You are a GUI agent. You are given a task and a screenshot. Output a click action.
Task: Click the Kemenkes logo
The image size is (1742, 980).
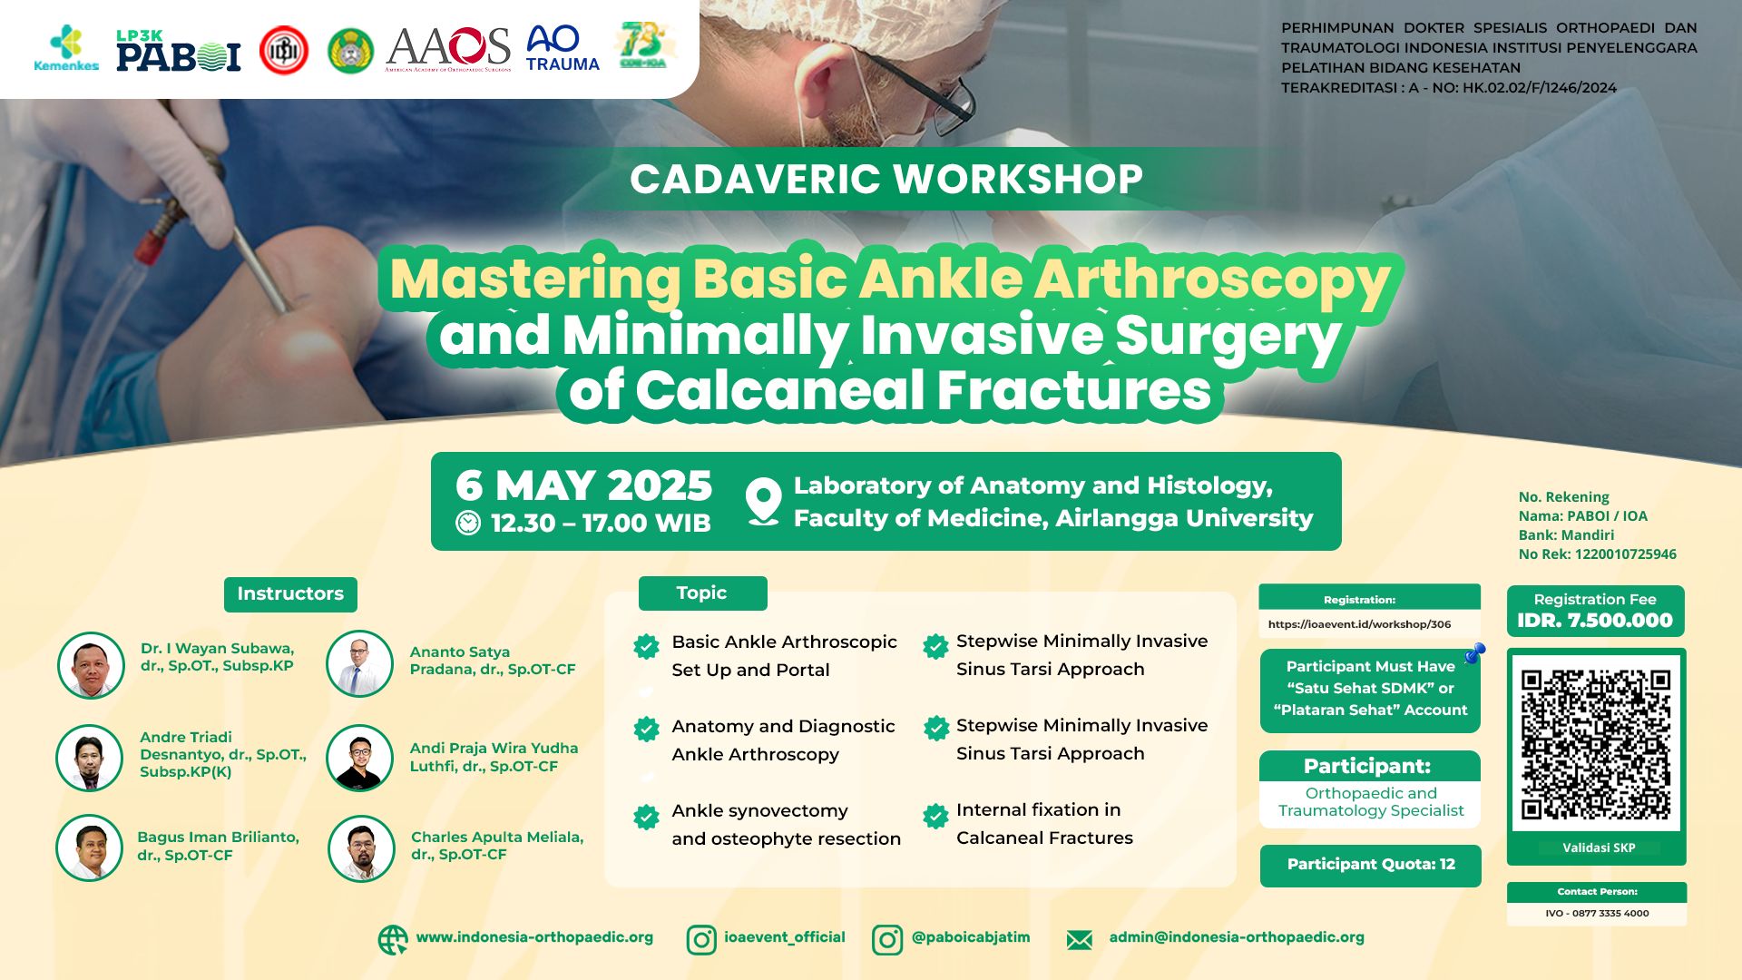[66, 48]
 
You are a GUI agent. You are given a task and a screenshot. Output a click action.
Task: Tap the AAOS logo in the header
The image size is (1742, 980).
[448, 48]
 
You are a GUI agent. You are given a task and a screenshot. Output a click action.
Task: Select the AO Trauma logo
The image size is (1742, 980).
[562, 48]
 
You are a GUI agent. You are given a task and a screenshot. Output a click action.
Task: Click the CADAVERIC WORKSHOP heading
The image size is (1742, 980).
[886, 179]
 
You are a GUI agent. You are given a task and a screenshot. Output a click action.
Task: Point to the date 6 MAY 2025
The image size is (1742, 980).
[583, 485]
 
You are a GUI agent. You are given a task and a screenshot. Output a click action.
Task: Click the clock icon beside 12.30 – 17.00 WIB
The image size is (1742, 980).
[468, 523]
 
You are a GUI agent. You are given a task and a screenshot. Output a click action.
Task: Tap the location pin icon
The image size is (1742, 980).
[763, 501]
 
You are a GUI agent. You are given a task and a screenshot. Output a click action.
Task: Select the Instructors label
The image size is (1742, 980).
[290, 593]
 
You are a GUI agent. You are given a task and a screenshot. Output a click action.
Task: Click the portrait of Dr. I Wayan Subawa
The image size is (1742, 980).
[91, 665]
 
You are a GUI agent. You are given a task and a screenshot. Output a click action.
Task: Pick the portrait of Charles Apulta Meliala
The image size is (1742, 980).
[361, 848]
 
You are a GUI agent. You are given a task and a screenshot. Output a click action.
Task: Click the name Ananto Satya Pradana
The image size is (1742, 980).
[492, 661]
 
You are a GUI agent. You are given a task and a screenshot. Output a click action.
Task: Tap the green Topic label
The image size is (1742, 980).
[702, 593]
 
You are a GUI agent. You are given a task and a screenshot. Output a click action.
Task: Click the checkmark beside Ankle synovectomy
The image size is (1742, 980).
[646, 817]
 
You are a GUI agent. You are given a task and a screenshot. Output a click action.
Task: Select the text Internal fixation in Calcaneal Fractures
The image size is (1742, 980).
[1043, 824]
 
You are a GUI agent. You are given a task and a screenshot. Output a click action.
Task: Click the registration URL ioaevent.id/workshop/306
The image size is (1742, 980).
[1359, 624]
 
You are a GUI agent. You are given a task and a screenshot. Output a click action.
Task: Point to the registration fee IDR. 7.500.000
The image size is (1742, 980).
[1594, 621]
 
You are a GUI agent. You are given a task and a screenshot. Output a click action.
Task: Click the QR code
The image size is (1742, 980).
[1596, 745]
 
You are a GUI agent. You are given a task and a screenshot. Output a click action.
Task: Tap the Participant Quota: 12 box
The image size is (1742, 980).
[1370, 865]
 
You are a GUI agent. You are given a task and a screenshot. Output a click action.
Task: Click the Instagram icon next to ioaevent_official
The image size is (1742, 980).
[700, 939]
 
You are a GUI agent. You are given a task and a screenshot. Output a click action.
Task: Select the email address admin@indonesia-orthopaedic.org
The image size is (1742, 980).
[1236, 937]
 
